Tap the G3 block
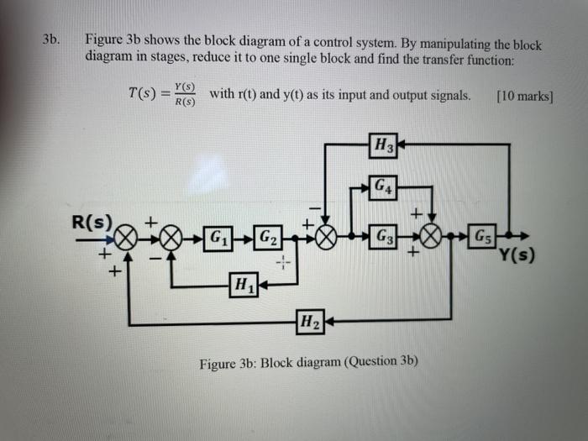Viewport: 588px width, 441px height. [x=383, y=236]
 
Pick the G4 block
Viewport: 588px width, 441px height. [x=383, y=185]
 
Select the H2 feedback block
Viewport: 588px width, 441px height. [x=309, y=321]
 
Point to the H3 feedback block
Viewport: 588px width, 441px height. [x=383, y=145]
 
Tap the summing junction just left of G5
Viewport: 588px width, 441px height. [x=433, y=237]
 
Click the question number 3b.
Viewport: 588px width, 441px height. [x=52, y=40]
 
